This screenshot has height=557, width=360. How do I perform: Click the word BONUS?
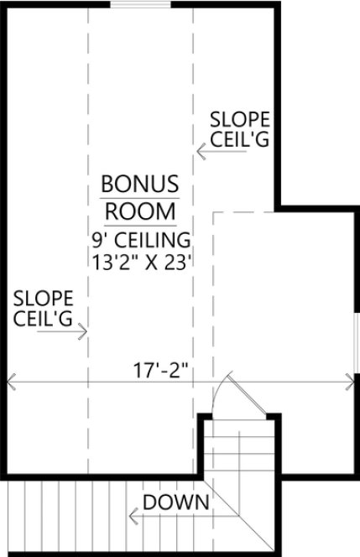point(140,184)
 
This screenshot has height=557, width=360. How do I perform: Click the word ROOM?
point(140,210)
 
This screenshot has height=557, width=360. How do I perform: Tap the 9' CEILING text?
point(141,239)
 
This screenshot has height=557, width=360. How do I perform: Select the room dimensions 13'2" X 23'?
point(141,259)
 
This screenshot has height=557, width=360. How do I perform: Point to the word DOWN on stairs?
point(175,502)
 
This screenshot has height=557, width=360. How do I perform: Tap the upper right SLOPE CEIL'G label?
point(240,129)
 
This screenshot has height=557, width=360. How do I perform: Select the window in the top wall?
point(138,6)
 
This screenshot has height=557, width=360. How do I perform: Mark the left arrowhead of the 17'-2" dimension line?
point(11,383)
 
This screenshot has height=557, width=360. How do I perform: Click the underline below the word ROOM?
point(140,225)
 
